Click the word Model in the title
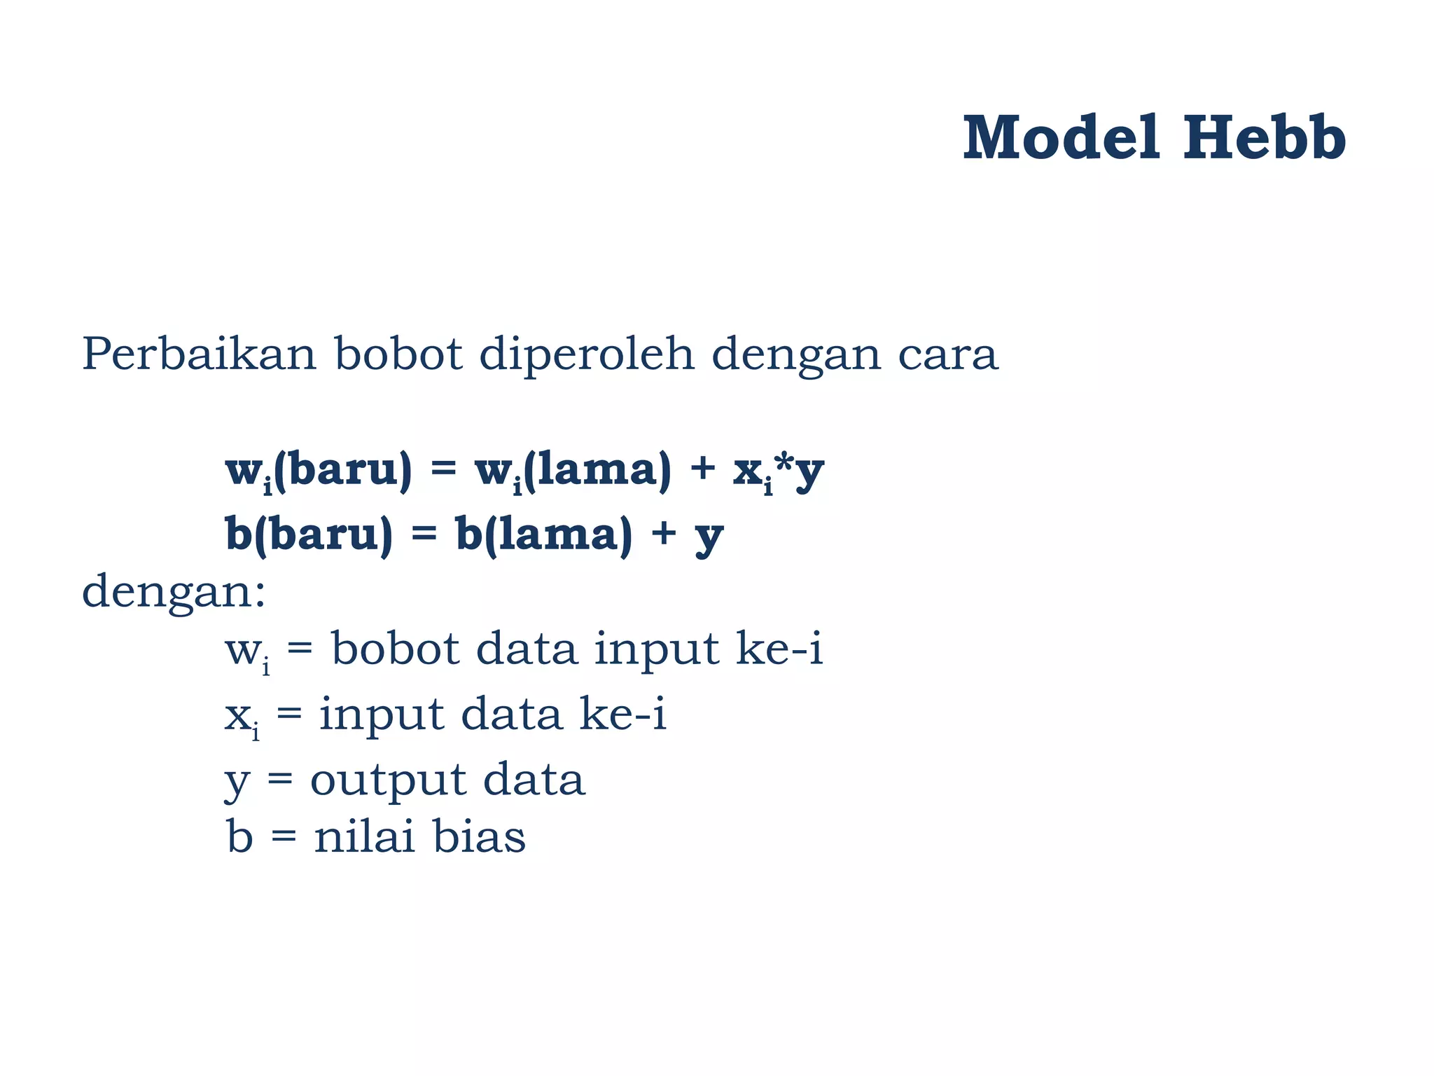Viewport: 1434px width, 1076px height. (x=1060, y=137)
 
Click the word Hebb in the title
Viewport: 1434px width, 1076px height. (x=1265, y=137)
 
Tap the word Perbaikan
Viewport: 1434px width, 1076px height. (x=199, y=353)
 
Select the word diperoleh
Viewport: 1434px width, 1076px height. (x=587, y=353)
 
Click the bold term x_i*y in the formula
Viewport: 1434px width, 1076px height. (x=778, y=471)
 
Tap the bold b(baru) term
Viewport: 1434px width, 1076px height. (x=309, y=534)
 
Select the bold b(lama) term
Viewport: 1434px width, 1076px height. (x=543, y=534)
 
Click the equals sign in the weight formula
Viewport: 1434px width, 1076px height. (x=443, y=468)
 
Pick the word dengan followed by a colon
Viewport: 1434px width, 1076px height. (x=174, y=593)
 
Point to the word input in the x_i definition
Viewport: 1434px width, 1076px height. (x=382, y=716)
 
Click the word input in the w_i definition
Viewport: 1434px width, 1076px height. (x=657, y=650)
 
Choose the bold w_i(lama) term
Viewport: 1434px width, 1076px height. (x=573, y=471)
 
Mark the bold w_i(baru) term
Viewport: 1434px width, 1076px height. (x=319, y=471)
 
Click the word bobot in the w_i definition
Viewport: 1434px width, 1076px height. (x=395, y=649)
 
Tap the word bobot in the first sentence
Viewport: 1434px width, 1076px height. (x=398, y=353)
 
